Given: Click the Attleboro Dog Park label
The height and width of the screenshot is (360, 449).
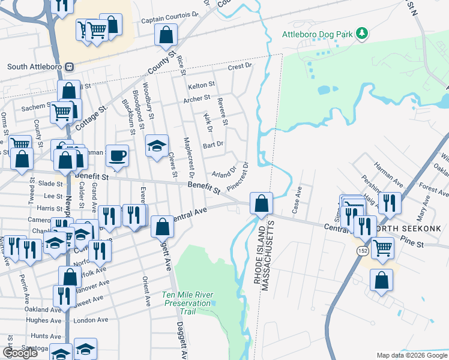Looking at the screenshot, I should (x=318, y=34).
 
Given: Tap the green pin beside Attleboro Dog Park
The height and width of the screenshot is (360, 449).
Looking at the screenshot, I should (x=361, y=33).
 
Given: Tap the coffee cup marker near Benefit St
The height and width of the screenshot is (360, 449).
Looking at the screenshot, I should (x=117, y=156).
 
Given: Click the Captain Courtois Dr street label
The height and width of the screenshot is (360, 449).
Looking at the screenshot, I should (x=169, y=20).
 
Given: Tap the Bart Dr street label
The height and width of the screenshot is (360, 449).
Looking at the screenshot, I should (x=213, y=144).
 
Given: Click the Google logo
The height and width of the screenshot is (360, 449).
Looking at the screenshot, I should (x=20, y=353).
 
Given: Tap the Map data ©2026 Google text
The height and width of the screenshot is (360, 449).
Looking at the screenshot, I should (x=411, y=355).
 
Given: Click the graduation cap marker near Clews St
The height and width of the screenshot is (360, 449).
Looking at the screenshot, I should (x=157, y=146).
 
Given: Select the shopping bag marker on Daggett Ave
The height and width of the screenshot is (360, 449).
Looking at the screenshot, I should (x=161, y=227).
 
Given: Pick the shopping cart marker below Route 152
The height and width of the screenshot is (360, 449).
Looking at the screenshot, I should (x=382, y=247).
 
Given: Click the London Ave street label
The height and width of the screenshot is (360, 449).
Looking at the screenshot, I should (x=92, y=320).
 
